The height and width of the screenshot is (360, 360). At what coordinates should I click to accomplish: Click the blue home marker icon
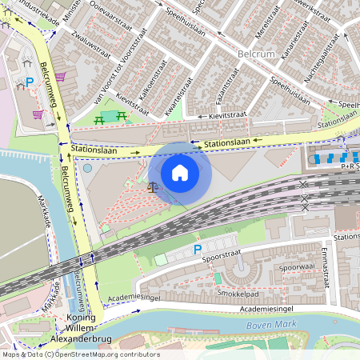point(180,173)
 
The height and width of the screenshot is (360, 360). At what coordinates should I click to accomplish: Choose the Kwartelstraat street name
point(179,97)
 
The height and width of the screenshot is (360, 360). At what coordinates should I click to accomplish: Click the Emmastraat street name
point(326,267)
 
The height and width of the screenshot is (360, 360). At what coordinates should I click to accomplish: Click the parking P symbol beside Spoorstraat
point(197,250)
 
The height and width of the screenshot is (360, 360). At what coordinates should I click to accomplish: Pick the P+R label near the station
point(350,167)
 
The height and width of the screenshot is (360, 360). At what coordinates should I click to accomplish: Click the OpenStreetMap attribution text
point(80,354)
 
